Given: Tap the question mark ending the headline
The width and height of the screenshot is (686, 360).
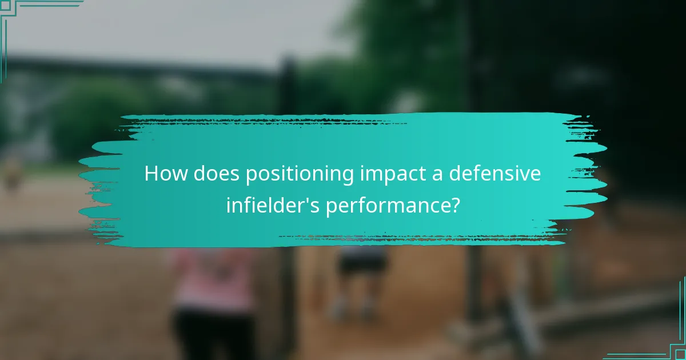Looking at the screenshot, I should (454, 205).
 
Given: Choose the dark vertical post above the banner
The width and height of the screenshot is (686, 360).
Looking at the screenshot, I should (288, 86).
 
